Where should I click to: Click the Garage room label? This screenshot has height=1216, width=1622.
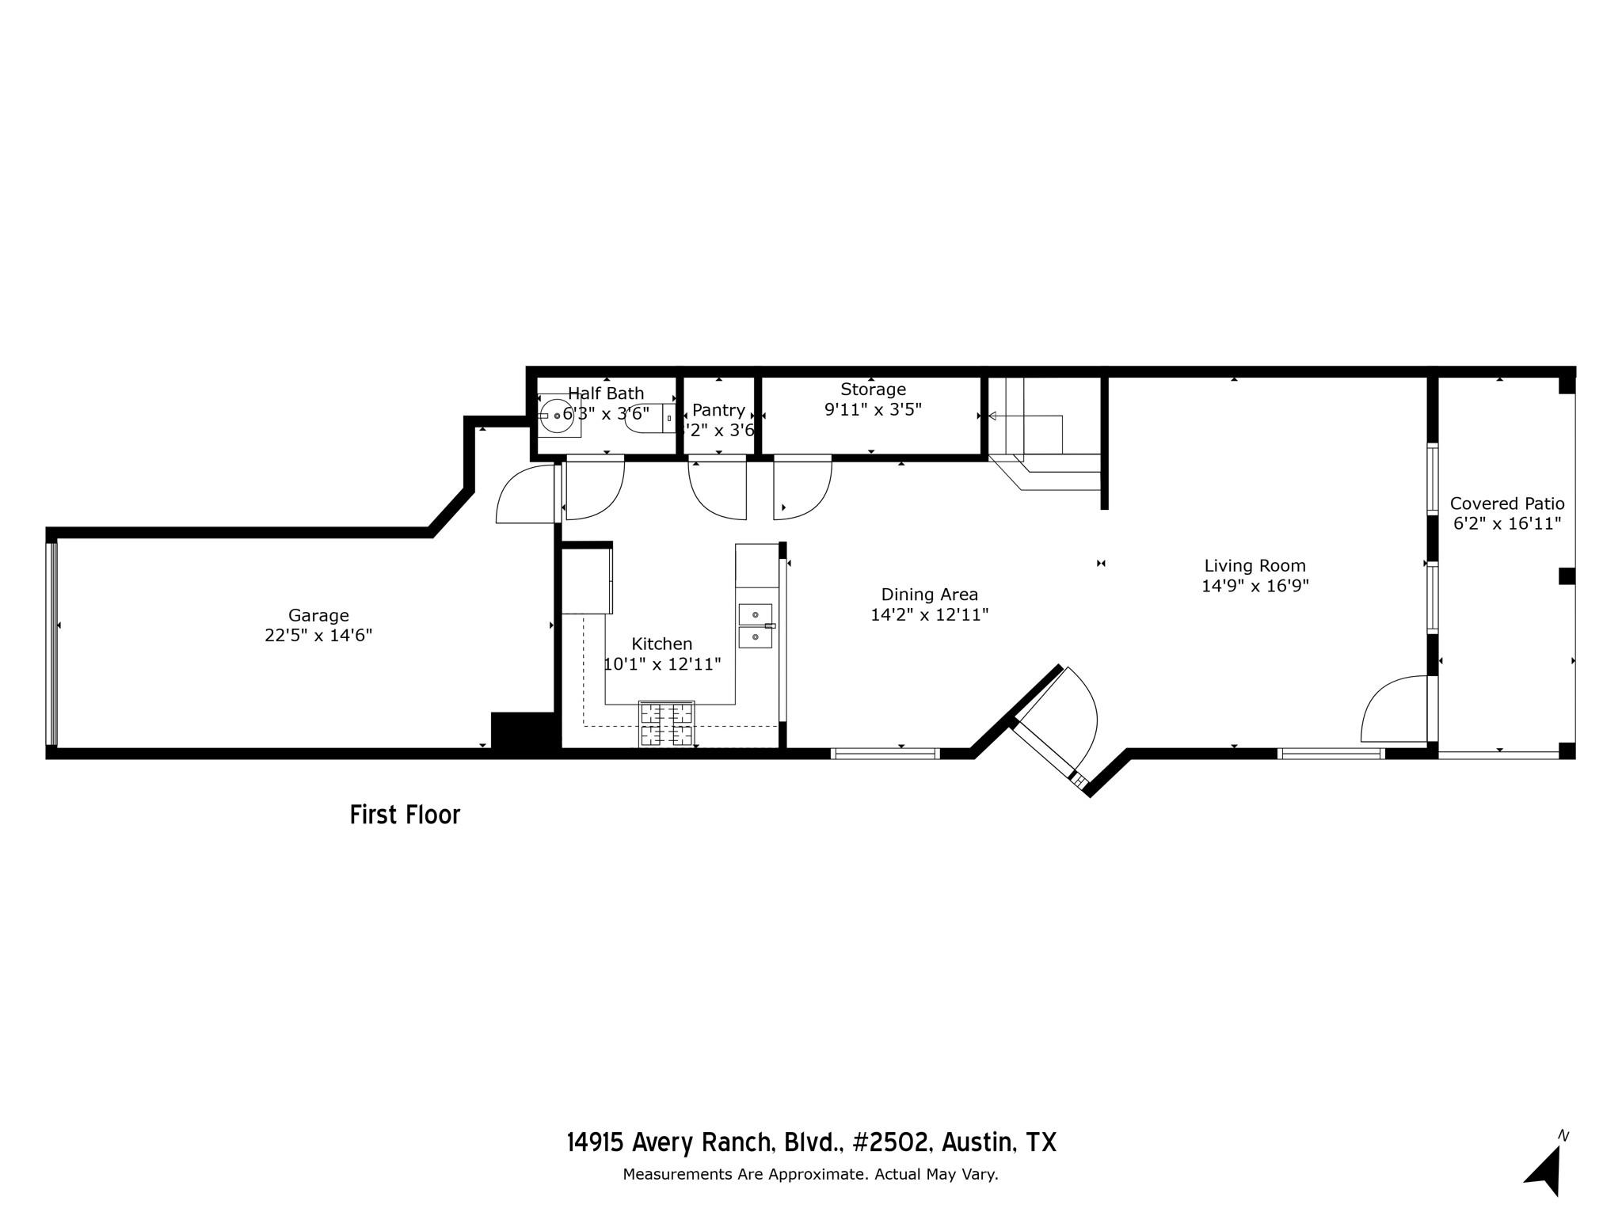(318, 615)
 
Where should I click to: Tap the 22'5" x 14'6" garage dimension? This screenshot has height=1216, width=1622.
(318, 635)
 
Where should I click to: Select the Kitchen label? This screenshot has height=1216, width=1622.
(661, 644)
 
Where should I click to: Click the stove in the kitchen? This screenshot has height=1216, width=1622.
(666, 724)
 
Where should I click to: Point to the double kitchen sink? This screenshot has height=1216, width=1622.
(756, 625)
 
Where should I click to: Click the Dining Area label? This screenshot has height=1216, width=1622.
(929, 595)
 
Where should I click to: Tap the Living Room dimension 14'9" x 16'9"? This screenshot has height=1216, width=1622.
(1255, 586)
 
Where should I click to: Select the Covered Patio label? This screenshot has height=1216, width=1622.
(1506, 503)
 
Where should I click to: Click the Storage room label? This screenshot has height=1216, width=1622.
(873, 389)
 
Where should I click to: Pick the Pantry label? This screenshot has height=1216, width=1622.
(718, 410)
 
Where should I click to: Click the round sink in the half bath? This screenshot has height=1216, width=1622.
(558, 416)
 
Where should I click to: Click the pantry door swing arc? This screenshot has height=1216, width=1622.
(717, 491)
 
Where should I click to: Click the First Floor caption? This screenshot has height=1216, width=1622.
(405, 815)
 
